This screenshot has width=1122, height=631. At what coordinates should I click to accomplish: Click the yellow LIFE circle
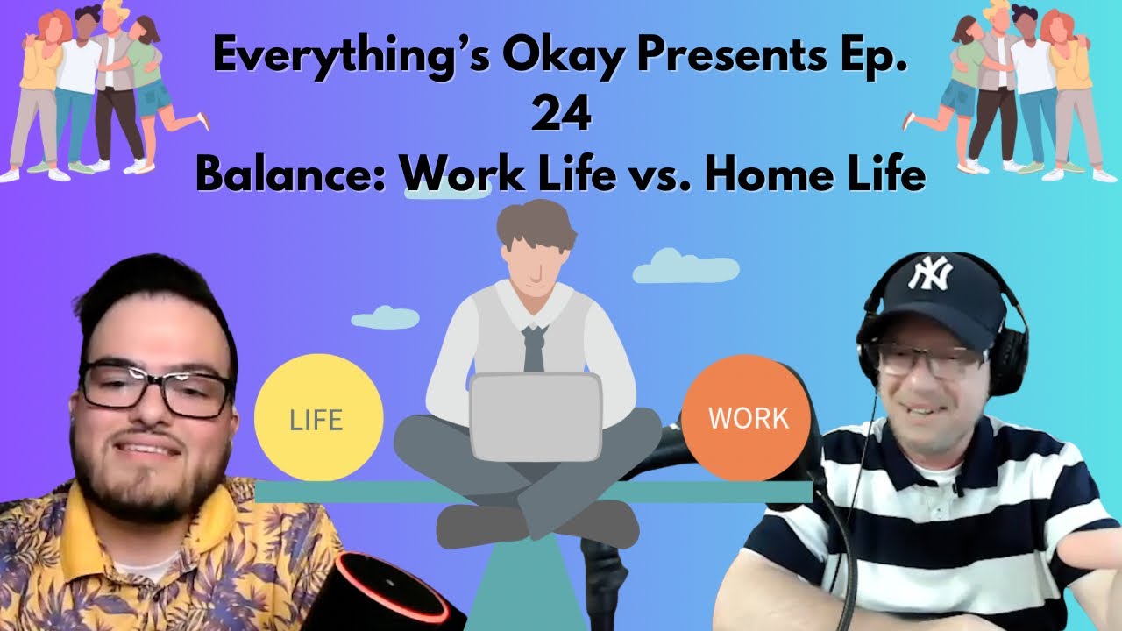(x=318, y=418)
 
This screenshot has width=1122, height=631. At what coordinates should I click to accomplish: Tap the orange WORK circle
(x=748, y=418)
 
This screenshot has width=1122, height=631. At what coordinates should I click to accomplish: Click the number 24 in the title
(x=561, y=117)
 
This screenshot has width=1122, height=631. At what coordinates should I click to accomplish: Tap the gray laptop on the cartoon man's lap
(x=536, y=416)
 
